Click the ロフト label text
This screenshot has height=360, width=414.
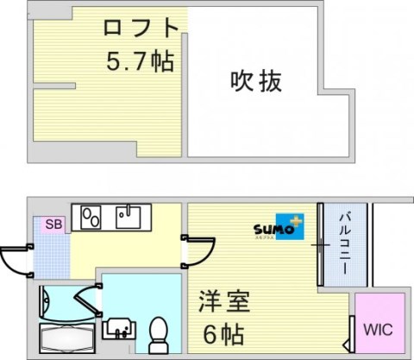(142, 28)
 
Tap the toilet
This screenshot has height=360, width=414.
(159, 331)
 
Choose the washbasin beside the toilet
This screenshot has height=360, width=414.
(118, 328)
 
